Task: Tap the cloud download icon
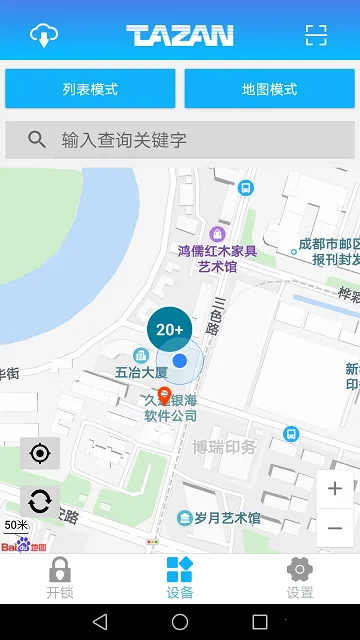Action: click(44, 35)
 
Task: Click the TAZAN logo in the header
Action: click(180, 36)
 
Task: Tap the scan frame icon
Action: click(316, 35)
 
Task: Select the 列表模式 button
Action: click(90, 89)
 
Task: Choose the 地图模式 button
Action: click(269, 89)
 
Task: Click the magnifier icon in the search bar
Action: click(37, 140)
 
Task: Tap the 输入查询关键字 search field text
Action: click(124, 140)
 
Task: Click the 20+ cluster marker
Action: click(169, 329)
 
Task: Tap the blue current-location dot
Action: click(180, 360)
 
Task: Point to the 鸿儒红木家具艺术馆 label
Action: click(217, 258)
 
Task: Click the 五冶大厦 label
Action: click(141, 372)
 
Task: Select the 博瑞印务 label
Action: click(225, 447)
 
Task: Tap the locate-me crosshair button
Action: click(40, 454)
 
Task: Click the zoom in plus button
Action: click(335, 489)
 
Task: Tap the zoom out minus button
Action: click(335, 527)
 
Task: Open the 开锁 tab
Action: click(60, 578)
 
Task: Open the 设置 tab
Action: click(299, 578)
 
